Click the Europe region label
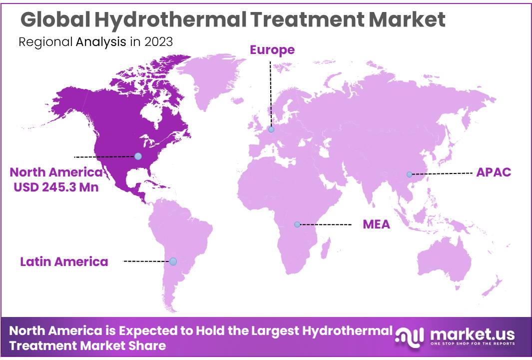[x=272, y=50]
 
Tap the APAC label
[x=494, y=172]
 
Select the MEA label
[x=376, y=224]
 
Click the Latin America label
[x=64, y=261]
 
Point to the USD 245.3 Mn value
[x=55, y=187]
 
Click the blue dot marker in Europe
[x=271, y=129]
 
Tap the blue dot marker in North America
[x=138, y=156]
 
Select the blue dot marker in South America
[x=173, y=261]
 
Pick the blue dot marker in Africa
[x=297, y=224]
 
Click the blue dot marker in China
[x=409, y=174]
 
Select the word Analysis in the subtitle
[x=101, y=41]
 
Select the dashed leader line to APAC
[x=442, y=173]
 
